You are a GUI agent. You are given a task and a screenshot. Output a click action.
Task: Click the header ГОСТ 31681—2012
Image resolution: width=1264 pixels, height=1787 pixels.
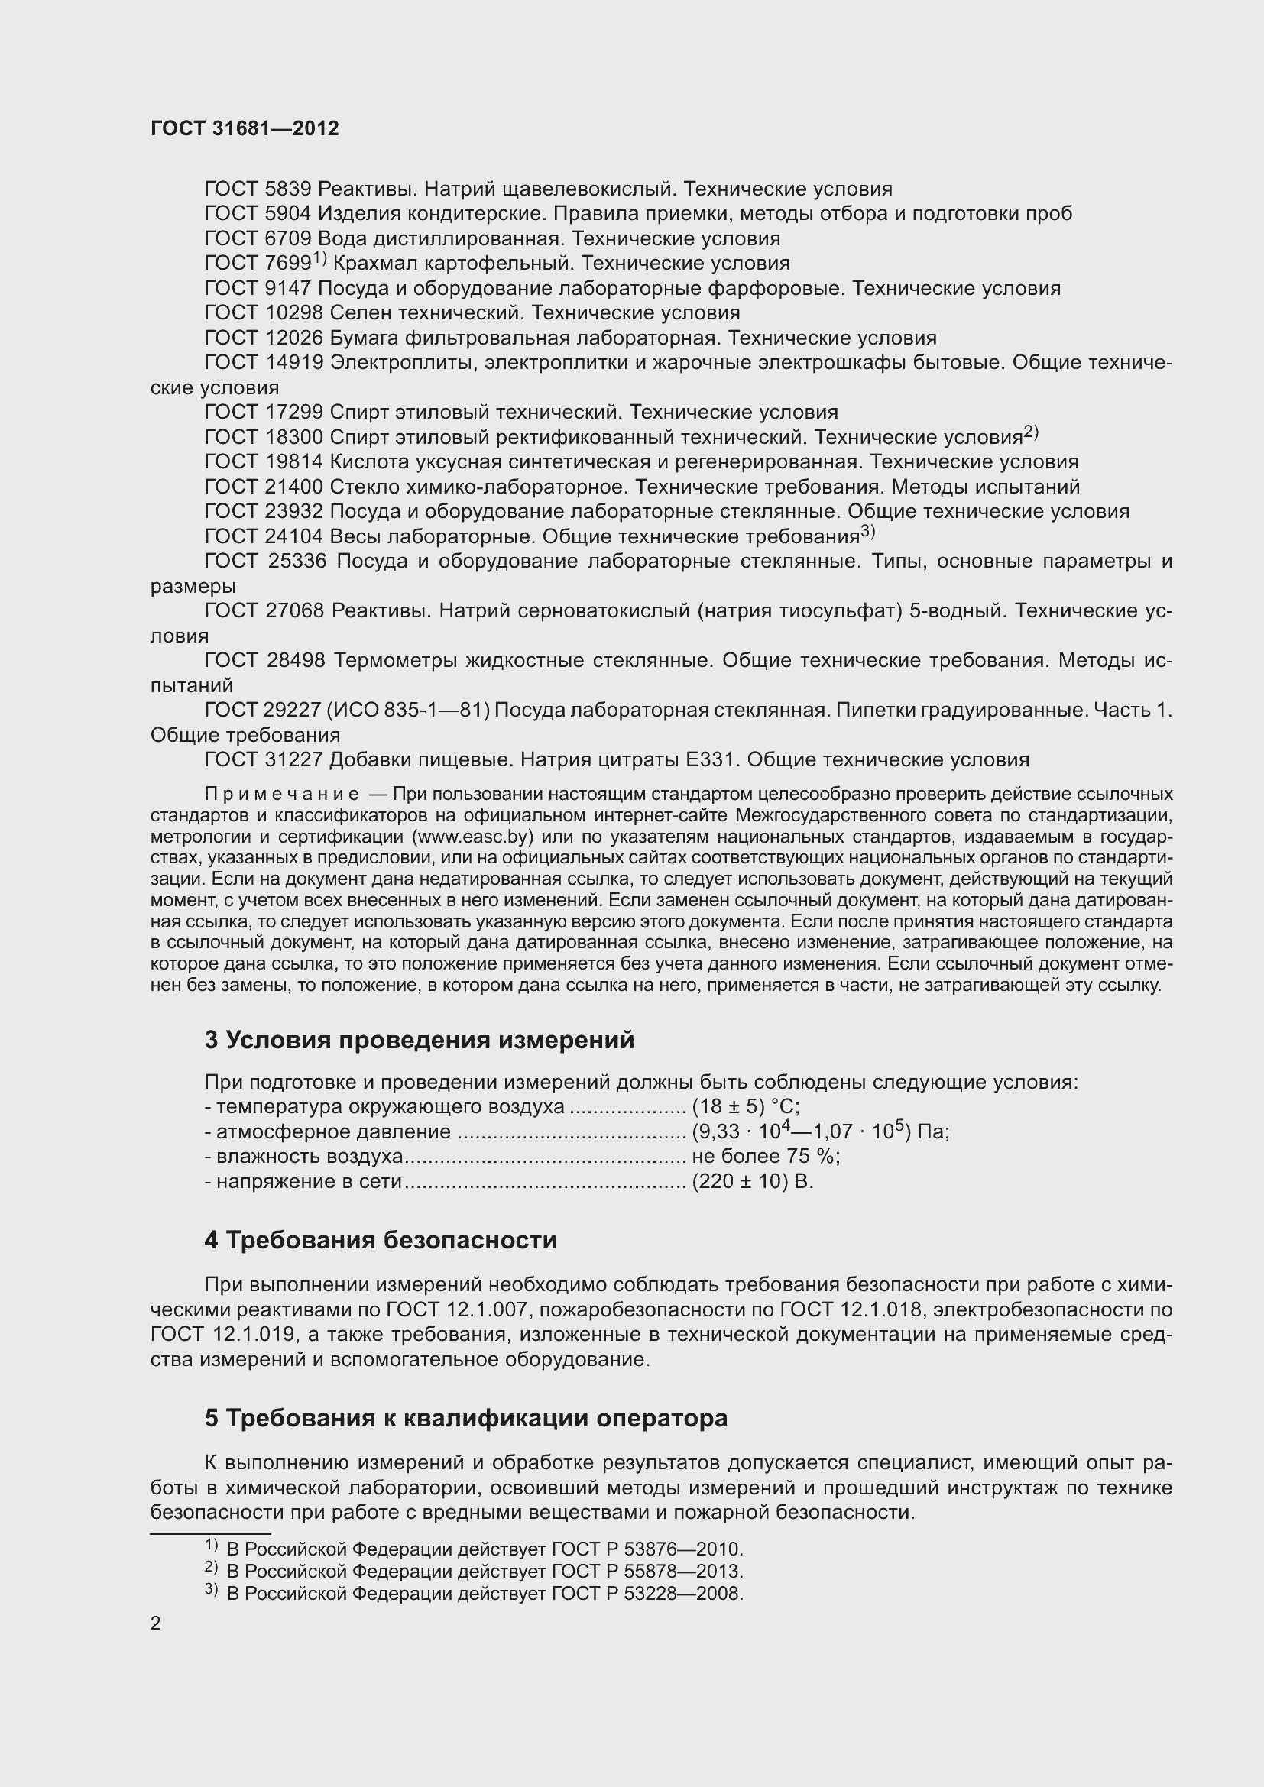point(245,129)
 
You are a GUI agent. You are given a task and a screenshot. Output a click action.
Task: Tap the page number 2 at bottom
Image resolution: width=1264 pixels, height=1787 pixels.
point(156,1623)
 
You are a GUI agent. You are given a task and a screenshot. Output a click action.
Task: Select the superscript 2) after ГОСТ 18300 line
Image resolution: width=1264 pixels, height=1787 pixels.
point(1030,432)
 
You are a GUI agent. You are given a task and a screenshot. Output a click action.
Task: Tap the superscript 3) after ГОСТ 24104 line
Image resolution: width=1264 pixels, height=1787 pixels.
point(868,532)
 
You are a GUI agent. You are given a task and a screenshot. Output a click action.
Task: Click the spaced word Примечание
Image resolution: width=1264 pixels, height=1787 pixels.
point(282,795)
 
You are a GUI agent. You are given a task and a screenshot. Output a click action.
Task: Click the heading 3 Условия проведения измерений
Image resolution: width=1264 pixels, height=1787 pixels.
point(420,1041)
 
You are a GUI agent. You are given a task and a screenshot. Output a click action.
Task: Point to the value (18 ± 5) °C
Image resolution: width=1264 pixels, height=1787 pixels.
point(745,1107)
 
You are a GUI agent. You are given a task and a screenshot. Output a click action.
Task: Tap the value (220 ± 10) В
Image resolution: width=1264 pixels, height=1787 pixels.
point(752,1181)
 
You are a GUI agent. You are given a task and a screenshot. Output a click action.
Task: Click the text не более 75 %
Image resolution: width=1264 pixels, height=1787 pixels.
point(765,1157)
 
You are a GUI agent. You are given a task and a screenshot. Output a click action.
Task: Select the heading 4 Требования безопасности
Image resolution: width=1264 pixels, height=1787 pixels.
point(381,1241)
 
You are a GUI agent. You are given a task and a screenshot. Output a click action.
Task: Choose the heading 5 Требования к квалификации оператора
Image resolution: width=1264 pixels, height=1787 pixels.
point(466,1418)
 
